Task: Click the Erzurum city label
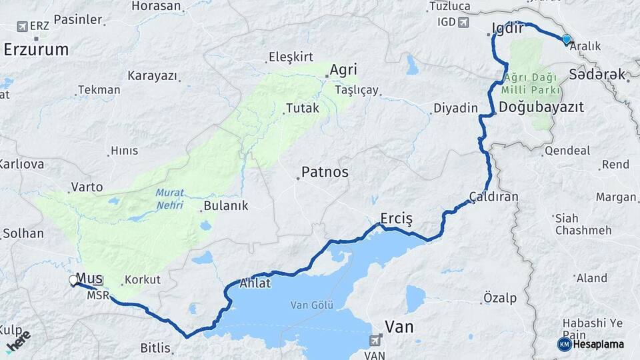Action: [x=36, y=49]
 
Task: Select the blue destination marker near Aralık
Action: [x=567, y=39]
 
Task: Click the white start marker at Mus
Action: [x=73, y=281]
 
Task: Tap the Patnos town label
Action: [x=325, y=172]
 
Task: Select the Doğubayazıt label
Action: [x=541, y=107]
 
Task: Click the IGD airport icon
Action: [x=463, y=22]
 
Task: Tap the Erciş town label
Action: [x=397, y=218]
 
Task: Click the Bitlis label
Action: [x=155, y=347]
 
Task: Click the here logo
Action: [x=18, y=341]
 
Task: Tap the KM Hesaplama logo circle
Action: [x=565, y=344]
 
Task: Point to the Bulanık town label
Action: [x=226, y=205]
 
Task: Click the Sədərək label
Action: [x=597, y=74]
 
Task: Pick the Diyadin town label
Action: [x=456, y=108]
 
